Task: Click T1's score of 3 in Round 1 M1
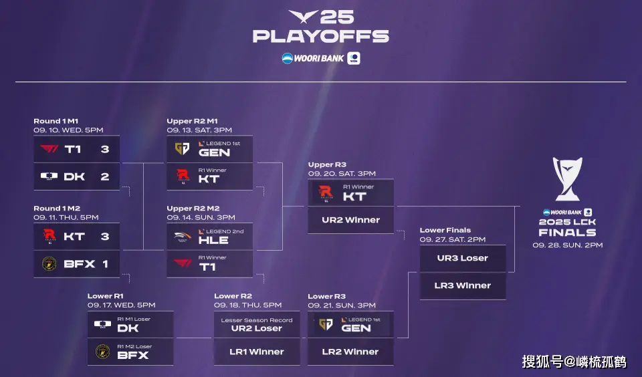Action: click(105, 150)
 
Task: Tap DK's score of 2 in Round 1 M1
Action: click(105, 177)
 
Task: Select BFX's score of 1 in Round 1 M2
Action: click(105, 264)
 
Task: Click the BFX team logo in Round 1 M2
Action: click(49, 263)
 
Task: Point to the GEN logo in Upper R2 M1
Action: click(182, 148)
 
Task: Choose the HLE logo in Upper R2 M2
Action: click(182, 237)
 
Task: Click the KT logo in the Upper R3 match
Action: click(326, 193)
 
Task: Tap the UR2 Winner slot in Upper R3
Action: click(351, 220)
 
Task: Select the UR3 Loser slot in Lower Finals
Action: click(463, 258)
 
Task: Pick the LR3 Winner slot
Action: click(463, 285)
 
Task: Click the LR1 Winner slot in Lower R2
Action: click(257, 352)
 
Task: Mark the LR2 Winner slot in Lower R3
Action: click(350, 352)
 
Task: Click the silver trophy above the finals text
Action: click(568, 179)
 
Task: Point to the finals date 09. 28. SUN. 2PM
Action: click(568, 245)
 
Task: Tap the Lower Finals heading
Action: click(445, 230)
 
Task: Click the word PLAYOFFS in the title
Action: click(320, 37)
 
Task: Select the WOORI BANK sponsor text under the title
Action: click(319, 59)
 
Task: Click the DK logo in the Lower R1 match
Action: click(102, 325)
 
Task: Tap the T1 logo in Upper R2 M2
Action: click(183, 263)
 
